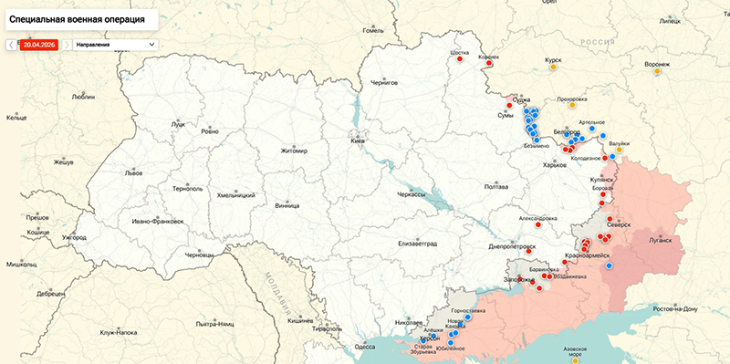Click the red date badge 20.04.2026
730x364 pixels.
pos(40,44)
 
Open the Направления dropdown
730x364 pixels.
pos(114,44)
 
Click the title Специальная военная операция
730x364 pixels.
pos(79,17)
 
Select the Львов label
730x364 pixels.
pos(134,172)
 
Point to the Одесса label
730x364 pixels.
pos(365,347)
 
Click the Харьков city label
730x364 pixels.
pos(554,165)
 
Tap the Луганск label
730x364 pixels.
pos(659,241)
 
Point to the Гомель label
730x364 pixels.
pos(374,30)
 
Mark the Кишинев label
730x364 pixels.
pos(300,322)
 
